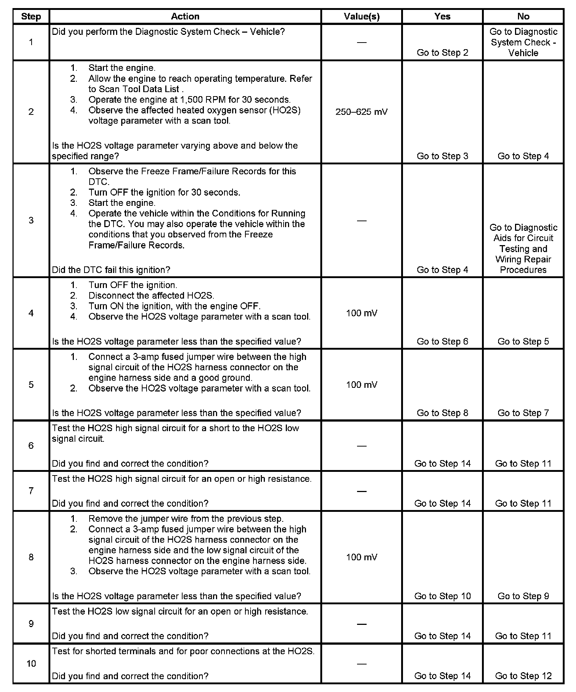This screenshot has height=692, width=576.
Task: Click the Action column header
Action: pos(185,17)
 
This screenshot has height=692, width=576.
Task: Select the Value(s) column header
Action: pos(361,17)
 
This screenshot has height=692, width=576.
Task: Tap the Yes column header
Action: pos(442,17)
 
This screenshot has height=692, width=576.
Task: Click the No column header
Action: pos(523,17)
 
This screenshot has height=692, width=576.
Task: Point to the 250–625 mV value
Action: pos(361,112)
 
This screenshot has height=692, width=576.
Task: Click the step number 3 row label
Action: pos(31,220)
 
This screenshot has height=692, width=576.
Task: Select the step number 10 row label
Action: pos(31,663)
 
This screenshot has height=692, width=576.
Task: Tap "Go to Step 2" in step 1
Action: pos(442,52)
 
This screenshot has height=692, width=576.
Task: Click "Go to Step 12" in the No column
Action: pos(523,676)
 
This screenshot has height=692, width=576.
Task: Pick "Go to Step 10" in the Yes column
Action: pos(442,596)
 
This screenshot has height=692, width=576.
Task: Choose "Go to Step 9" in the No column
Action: pos(523,596)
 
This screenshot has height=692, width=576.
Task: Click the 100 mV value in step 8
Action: pos(361,557)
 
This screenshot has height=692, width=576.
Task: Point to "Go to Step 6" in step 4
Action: pos(442,341)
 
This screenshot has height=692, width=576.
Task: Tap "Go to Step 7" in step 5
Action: pos(523,413)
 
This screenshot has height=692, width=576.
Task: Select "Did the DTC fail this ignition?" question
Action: pos(111,270)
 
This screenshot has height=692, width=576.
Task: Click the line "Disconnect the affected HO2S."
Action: pos(151,295)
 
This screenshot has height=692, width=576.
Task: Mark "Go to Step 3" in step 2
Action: pos(442,156)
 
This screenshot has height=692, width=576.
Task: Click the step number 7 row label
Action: pos(31,491)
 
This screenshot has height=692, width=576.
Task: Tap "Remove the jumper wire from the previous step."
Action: pos(186,518)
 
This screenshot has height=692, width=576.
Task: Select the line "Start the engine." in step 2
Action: pos(122,68)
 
